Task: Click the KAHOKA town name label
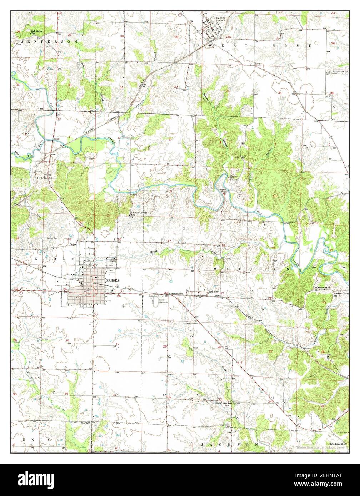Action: [x=111, y=282]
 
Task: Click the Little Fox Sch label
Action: [x=45, y=177]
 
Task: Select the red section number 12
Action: [x=70, y=188]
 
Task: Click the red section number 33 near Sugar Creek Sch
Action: [x=220, y=399]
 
